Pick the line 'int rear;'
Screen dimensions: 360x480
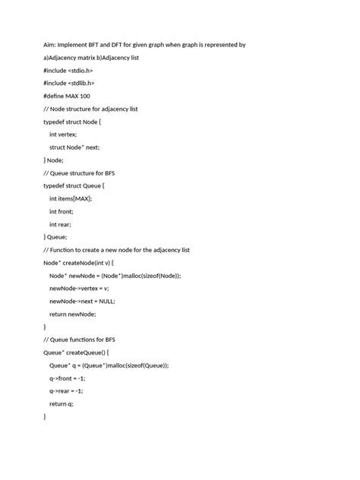pos(62,225)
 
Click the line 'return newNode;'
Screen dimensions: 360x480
pos(73,314)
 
